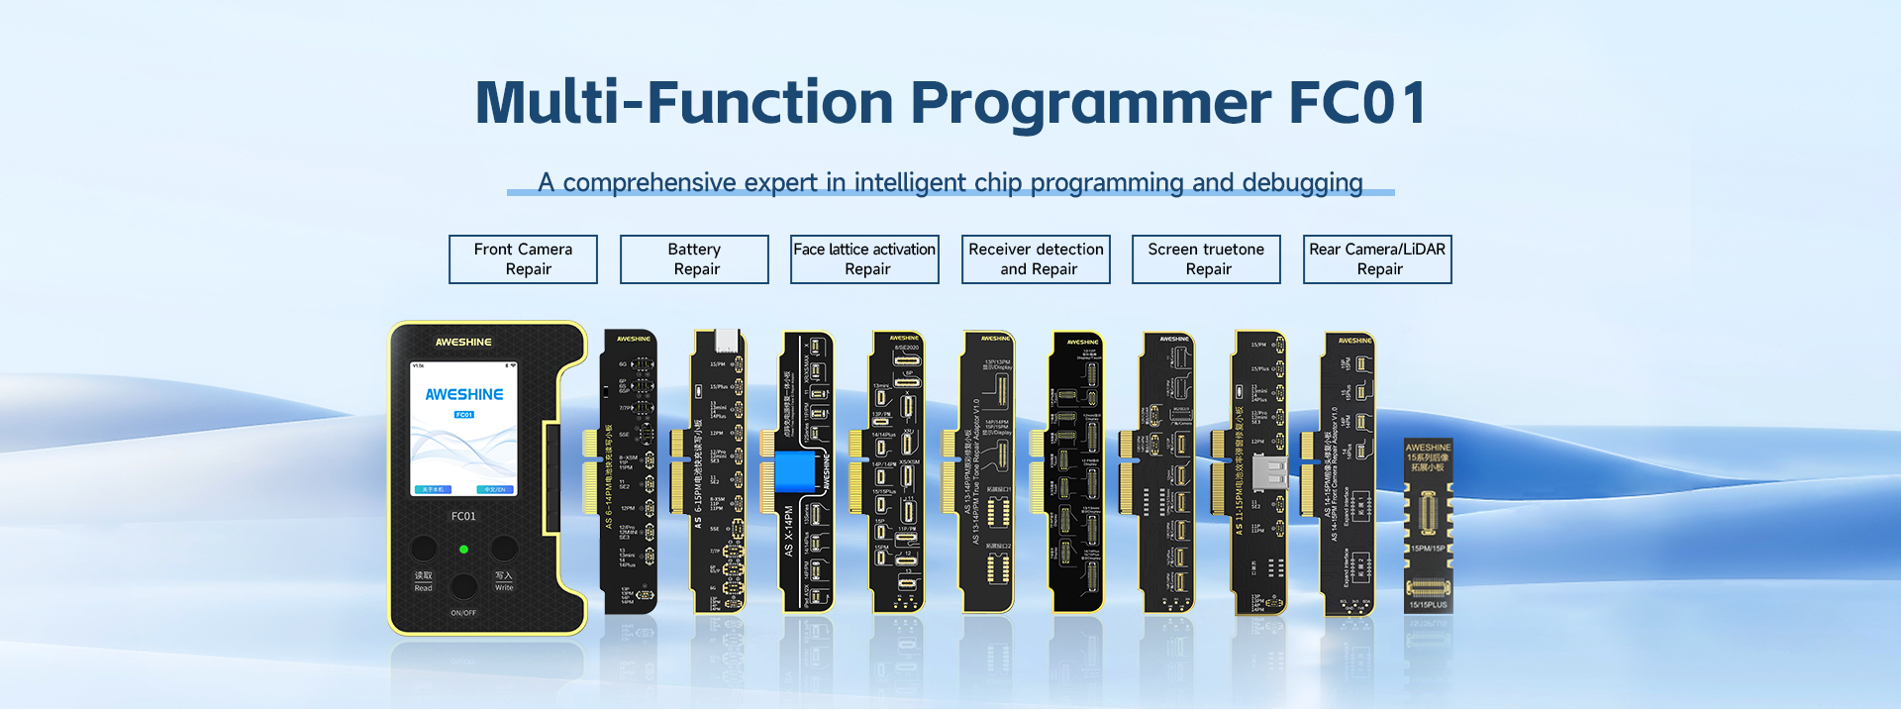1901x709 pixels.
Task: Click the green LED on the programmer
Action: tap(463, 549)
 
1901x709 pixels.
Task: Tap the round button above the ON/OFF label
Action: tap(463, 586)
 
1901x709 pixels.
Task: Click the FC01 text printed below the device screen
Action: tap(463, 516)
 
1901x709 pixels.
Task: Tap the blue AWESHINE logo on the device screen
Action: tap(463, 394)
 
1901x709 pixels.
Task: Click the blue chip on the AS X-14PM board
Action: tap(795, 471)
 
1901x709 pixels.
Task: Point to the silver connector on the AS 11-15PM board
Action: tap(1269, 472)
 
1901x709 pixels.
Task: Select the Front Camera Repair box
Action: tap(523, 259)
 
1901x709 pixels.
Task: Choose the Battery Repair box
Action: tap(694, 259)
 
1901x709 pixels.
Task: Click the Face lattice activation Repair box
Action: tap(864, 259)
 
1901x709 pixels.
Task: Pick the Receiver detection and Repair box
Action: tap(1036, 259)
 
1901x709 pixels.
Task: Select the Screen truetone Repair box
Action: tap(1206, 259)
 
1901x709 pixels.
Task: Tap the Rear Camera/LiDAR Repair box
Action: tap(1377, 259)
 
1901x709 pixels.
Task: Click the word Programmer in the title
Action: tap(1090, 103)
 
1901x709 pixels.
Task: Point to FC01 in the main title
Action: tap(1357, 103)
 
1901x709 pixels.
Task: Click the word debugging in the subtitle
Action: tap(1301, 183)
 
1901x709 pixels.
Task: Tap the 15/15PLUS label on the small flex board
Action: tap(1428, 604)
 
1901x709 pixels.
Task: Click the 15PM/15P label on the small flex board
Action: tap(1428, 548)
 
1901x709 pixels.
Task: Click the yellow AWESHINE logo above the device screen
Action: tap(463, 342)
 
